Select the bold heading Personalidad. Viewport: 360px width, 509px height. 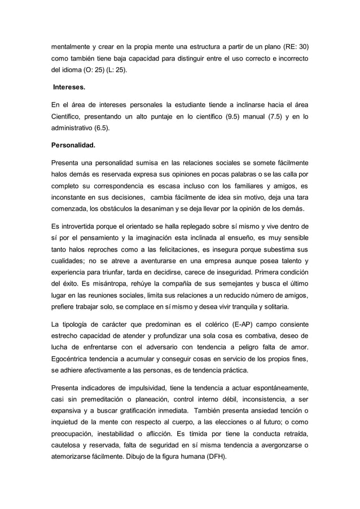tap(73, 145)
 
